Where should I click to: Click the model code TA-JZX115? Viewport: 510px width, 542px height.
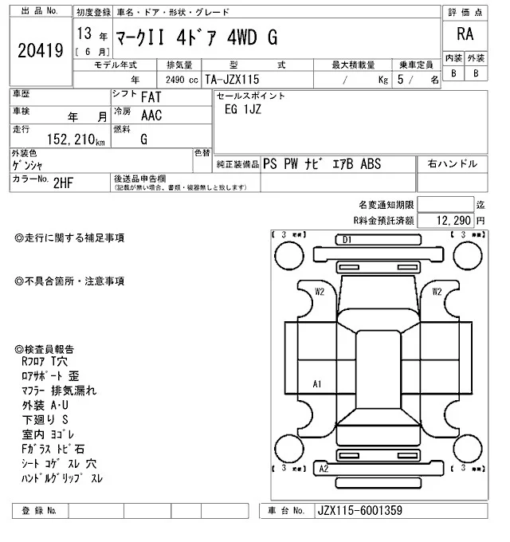pos(231,80)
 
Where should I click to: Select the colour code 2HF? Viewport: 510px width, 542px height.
pos(64,182)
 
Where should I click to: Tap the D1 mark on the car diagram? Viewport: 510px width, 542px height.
pos(347,239)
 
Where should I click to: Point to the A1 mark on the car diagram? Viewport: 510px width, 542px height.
pos(317,384)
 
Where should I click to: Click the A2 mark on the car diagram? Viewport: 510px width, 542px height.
pos(324,469)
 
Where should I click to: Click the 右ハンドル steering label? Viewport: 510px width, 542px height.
pos(453,164)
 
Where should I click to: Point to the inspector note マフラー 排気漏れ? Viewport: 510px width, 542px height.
pos(61,391)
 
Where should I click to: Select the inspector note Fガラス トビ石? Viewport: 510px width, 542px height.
pos(53,449)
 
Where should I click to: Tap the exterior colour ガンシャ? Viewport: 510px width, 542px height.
pos(30,165)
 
